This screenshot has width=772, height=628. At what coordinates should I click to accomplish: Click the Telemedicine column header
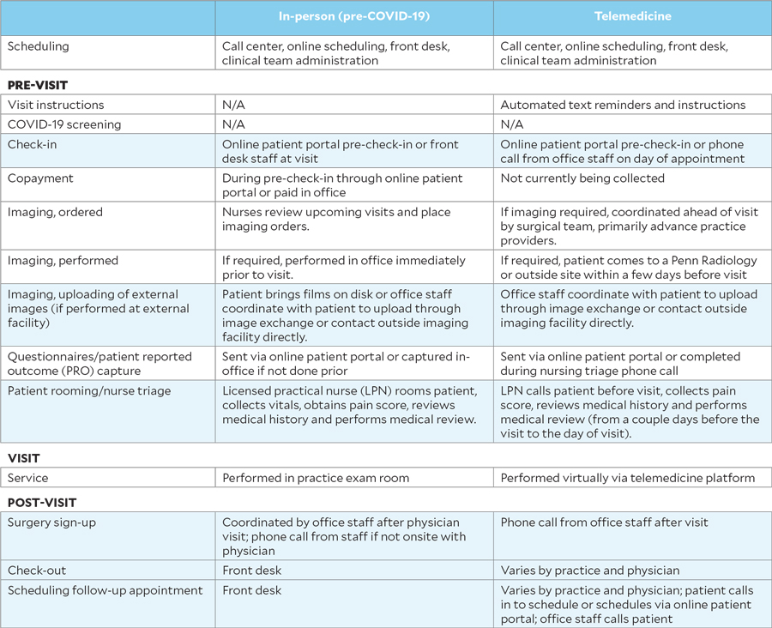[632, 17]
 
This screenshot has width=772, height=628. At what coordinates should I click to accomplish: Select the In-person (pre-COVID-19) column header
[353, 17]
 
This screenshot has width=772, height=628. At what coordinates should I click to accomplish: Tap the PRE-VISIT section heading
[38, 86]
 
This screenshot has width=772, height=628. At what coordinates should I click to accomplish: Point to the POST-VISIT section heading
[43, 502]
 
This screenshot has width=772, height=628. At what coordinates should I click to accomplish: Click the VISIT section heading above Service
[23, 458]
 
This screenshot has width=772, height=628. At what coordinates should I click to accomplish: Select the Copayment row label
[40, 178]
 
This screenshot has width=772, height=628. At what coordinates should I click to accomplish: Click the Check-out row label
[37, 571]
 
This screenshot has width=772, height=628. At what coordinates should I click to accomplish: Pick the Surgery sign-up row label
[51, 522]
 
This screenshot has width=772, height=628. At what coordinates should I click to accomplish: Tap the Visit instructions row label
[56, 105]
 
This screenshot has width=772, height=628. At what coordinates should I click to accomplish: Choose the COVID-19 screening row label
[64, 124]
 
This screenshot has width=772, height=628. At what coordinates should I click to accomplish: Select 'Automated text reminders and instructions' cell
[623, 105]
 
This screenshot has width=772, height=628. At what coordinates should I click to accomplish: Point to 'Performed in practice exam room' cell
[316, 478]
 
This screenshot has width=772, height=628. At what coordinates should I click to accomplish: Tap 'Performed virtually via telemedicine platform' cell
[627, 478]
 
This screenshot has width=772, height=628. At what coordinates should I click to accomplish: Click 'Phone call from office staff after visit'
[605, 522]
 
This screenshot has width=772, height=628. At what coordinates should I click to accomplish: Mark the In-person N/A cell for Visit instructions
[233, 105]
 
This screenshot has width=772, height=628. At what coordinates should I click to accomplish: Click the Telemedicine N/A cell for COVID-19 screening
[511, 124]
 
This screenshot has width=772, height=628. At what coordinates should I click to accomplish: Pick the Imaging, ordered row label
[55, 213]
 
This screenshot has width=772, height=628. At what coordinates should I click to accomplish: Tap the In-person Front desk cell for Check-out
[251, 571]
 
